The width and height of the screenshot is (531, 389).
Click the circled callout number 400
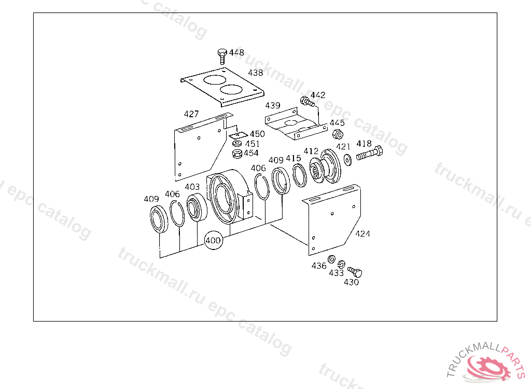(x=213, y=240)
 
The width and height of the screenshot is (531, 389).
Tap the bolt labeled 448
(x=222, y=56)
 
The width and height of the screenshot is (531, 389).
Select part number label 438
(x=255, y=73)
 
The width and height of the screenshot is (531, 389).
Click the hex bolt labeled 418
(x=369, y=154)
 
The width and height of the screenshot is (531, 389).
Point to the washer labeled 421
(x=347, y=160)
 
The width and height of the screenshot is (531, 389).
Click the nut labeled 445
(x=337, y=134)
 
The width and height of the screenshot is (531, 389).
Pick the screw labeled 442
(x=307, y=101)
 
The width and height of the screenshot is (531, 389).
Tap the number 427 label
(x=191, y=114)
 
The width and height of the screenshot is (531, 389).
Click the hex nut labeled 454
(x=237, y=154)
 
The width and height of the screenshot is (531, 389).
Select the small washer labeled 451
(x=237, y=144)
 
